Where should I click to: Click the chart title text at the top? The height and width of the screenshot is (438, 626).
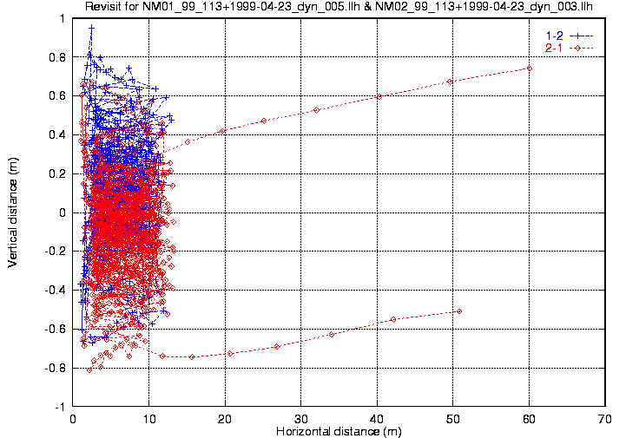tap(339, 7)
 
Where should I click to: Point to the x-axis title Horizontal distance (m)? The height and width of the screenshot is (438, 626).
tap(338, 431)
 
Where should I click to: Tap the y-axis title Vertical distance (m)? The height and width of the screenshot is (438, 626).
tap(12, 212)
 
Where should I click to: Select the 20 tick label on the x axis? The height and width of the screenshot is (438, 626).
tap(225, 418)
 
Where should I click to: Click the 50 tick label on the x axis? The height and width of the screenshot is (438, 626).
tap(453, 418)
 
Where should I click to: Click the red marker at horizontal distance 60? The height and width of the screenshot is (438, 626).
tap(529, 68)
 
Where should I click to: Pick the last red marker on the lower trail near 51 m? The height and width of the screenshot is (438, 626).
tap(459, 311)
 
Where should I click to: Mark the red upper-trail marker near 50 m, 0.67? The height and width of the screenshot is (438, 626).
tap(450, 82)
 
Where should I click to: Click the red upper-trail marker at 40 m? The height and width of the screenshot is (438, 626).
tap(379, 96)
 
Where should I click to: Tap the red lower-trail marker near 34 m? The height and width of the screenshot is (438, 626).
tap(332, 335)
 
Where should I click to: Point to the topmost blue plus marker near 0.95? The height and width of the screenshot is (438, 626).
tap(91, 28)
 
